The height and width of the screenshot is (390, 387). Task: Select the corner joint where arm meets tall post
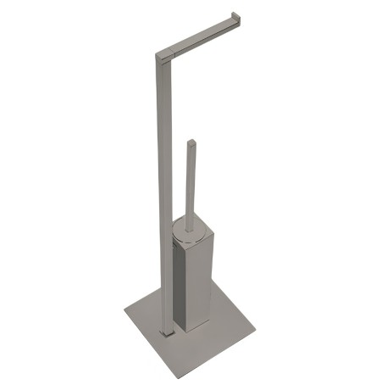point(162,58)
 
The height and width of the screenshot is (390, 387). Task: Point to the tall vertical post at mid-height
point(164,187)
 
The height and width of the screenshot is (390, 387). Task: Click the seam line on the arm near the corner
point(173,53)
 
